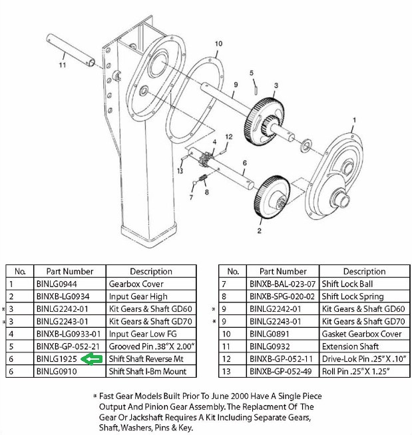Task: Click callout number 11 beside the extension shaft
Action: pyautogui.click(x=62, y=65)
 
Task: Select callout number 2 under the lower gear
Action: pyautogui.click(x=258, y=231)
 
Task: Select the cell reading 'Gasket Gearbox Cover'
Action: pyautogui.click(x=362, y=334)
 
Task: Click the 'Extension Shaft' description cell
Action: pyautogui.click(x=351, y=346)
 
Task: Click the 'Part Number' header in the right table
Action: pyautogui.click(x=282, y=271)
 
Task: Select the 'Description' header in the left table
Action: pyautogui.click(x=151, y=271)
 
